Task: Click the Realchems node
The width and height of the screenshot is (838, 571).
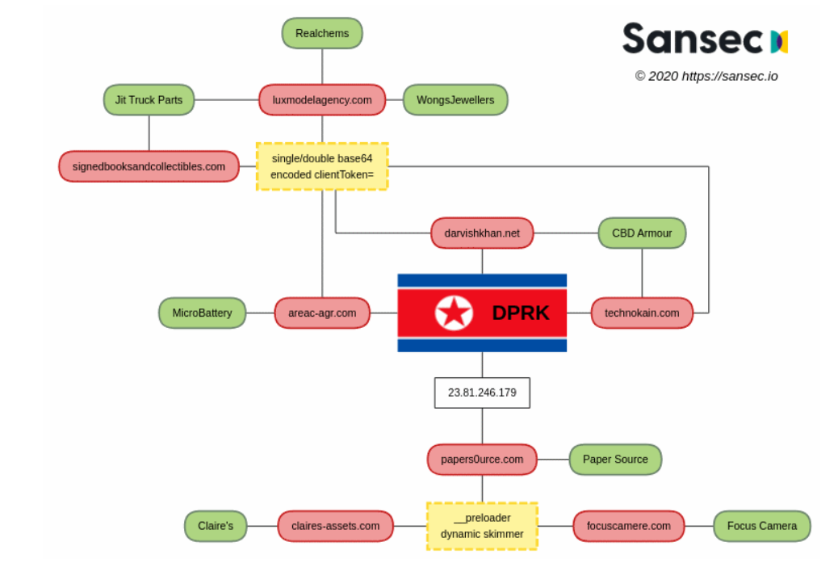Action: point(321,33)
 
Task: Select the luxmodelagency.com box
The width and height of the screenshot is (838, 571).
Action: point(321,100)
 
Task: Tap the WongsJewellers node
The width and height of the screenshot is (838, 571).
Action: point(455,100)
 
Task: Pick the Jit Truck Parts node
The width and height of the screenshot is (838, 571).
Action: point(149,100)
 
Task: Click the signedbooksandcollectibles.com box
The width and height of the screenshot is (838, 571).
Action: point(149,166)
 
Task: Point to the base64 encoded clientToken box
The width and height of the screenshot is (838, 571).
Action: point(321,166)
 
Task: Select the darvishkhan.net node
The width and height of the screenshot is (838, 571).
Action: point(482,233)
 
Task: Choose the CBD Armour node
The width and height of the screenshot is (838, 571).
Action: point(642,233)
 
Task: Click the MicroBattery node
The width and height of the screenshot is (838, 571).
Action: point(202,313)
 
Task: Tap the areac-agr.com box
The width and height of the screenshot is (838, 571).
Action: point(321,313)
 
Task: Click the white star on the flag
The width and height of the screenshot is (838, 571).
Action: point(454,313)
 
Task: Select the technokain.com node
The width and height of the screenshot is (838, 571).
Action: point(642,313)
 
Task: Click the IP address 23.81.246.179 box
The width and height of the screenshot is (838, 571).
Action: point(482,393)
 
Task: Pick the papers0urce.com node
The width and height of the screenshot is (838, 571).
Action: point(482,460)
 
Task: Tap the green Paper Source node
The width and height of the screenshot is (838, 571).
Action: point(615,460)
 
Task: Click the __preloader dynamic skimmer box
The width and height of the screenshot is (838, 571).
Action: point(482,526)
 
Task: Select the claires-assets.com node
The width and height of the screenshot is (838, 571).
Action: point(335,526)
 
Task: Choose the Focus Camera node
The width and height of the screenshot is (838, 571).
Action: point(761,526)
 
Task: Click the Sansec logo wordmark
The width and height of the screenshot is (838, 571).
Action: point(693,39)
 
